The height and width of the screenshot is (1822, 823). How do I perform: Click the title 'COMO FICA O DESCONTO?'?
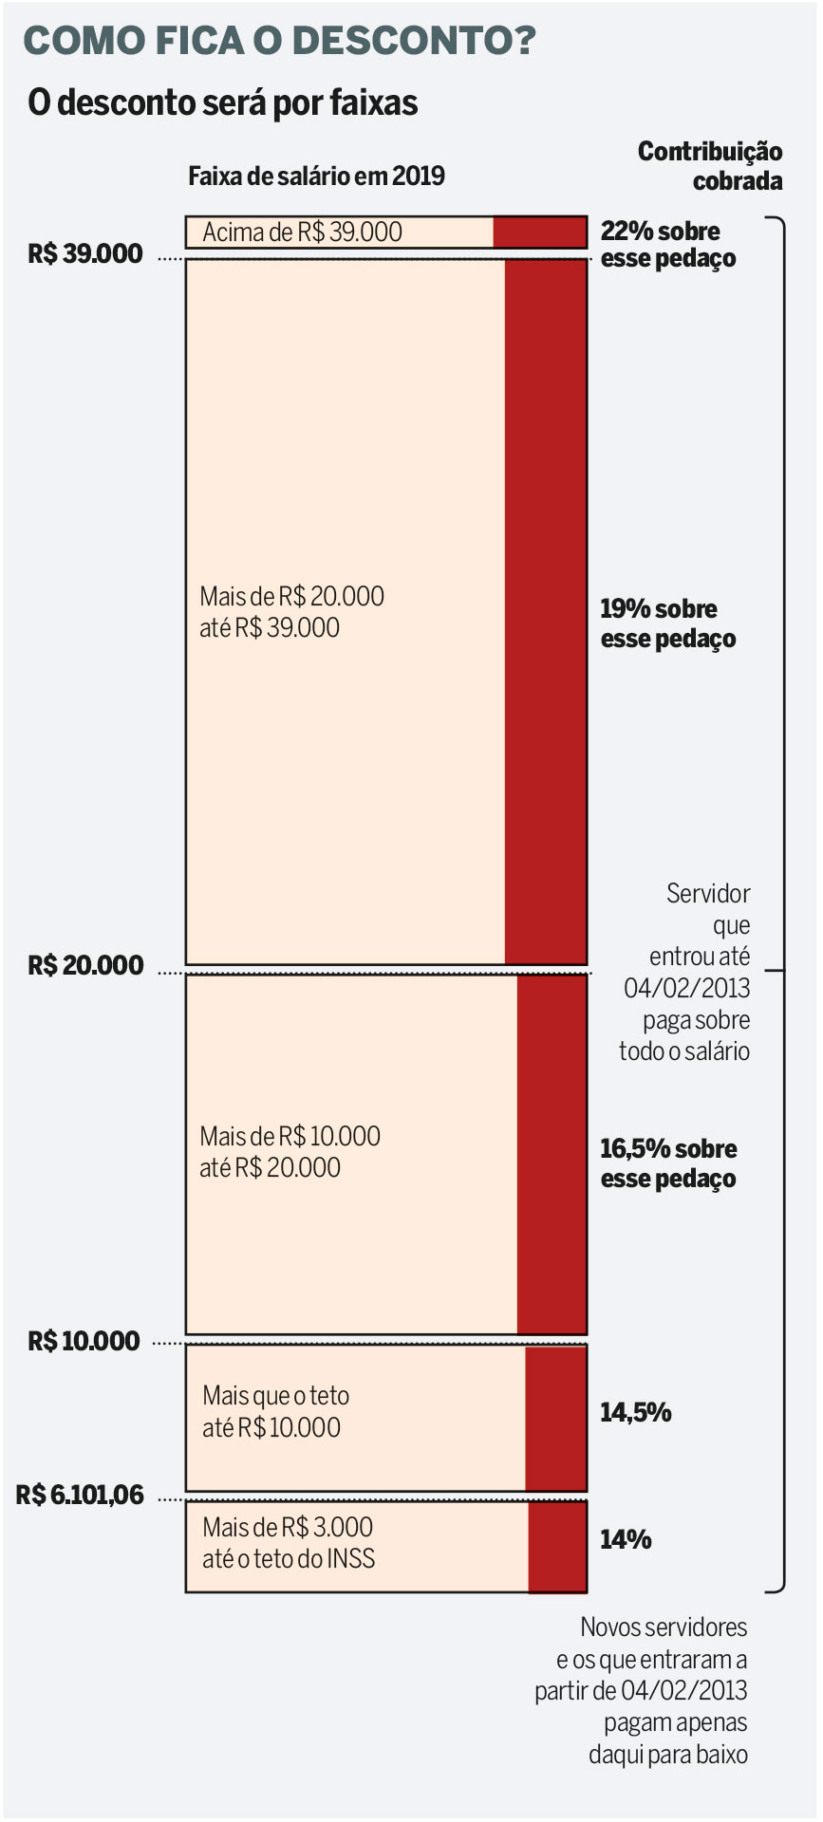tap(279, 42)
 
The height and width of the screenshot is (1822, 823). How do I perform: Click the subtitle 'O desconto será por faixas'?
tap(223, 102)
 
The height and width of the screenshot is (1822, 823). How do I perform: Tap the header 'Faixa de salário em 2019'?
tap(316, 177)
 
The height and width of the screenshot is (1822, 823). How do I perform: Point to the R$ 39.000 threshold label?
tap(85, 254)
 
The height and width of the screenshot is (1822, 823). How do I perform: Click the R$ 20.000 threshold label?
tap(85, 966)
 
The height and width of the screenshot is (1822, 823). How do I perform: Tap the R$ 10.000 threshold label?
tap(84, 1341)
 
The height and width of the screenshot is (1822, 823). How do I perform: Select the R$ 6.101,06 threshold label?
tap(81, 1496)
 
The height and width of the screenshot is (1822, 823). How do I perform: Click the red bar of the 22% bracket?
tap(539, 232)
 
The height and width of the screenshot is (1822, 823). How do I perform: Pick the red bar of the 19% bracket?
tap(546, 612)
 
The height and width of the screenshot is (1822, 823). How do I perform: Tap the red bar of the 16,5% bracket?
tap(552, 1153)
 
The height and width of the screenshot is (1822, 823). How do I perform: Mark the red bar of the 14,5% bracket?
tap(556, 1417)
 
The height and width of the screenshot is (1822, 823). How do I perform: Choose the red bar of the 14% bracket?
tap(557, 1546)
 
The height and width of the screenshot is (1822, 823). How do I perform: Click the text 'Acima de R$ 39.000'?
tap(302, 232)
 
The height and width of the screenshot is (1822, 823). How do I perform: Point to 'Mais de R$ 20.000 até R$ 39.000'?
tap(291, 612)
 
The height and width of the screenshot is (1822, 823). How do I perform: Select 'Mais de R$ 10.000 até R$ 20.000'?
tap(290, 1152)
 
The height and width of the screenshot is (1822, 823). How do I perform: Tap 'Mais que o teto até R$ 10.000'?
tap(275, 1412)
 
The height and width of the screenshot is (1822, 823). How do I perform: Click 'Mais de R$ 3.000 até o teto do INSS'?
tap(289, 1543)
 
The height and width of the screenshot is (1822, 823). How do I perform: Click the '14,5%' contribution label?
tap(635, 1413)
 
